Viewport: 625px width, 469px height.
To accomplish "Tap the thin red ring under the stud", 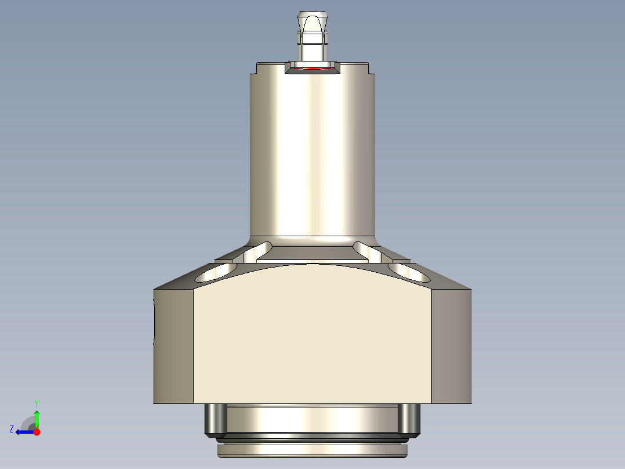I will pyautogui.click(x=313, y=68).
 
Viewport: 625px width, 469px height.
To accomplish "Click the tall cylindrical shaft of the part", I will pyautogui.click(x=312, y=151).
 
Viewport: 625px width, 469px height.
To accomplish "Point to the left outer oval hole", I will pyautogui.click(x=216, y=272).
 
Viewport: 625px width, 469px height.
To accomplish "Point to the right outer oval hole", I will pyautogui.click(x=409, y=271).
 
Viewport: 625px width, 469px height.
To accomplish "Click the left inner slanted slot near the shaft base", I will pyautogui.click(x=256, y=251).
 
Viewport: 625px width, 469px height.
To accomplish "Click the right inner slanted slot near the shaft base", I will pyautogui.click(x=368, y=251).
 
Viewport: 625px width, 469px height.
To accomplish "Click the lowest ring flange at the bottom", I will pyautogui.click(x=312, y=450).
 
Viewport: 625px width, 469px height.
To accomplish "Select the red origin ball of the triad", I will pyautogui.click(x=37, y=432).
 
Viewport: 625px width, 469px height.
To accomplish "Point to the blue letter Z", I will pyautogui.click(x=12, y=429).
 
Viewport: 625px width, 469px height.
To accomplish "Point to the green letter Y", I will pyautogui.click(x=36, y=403).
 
